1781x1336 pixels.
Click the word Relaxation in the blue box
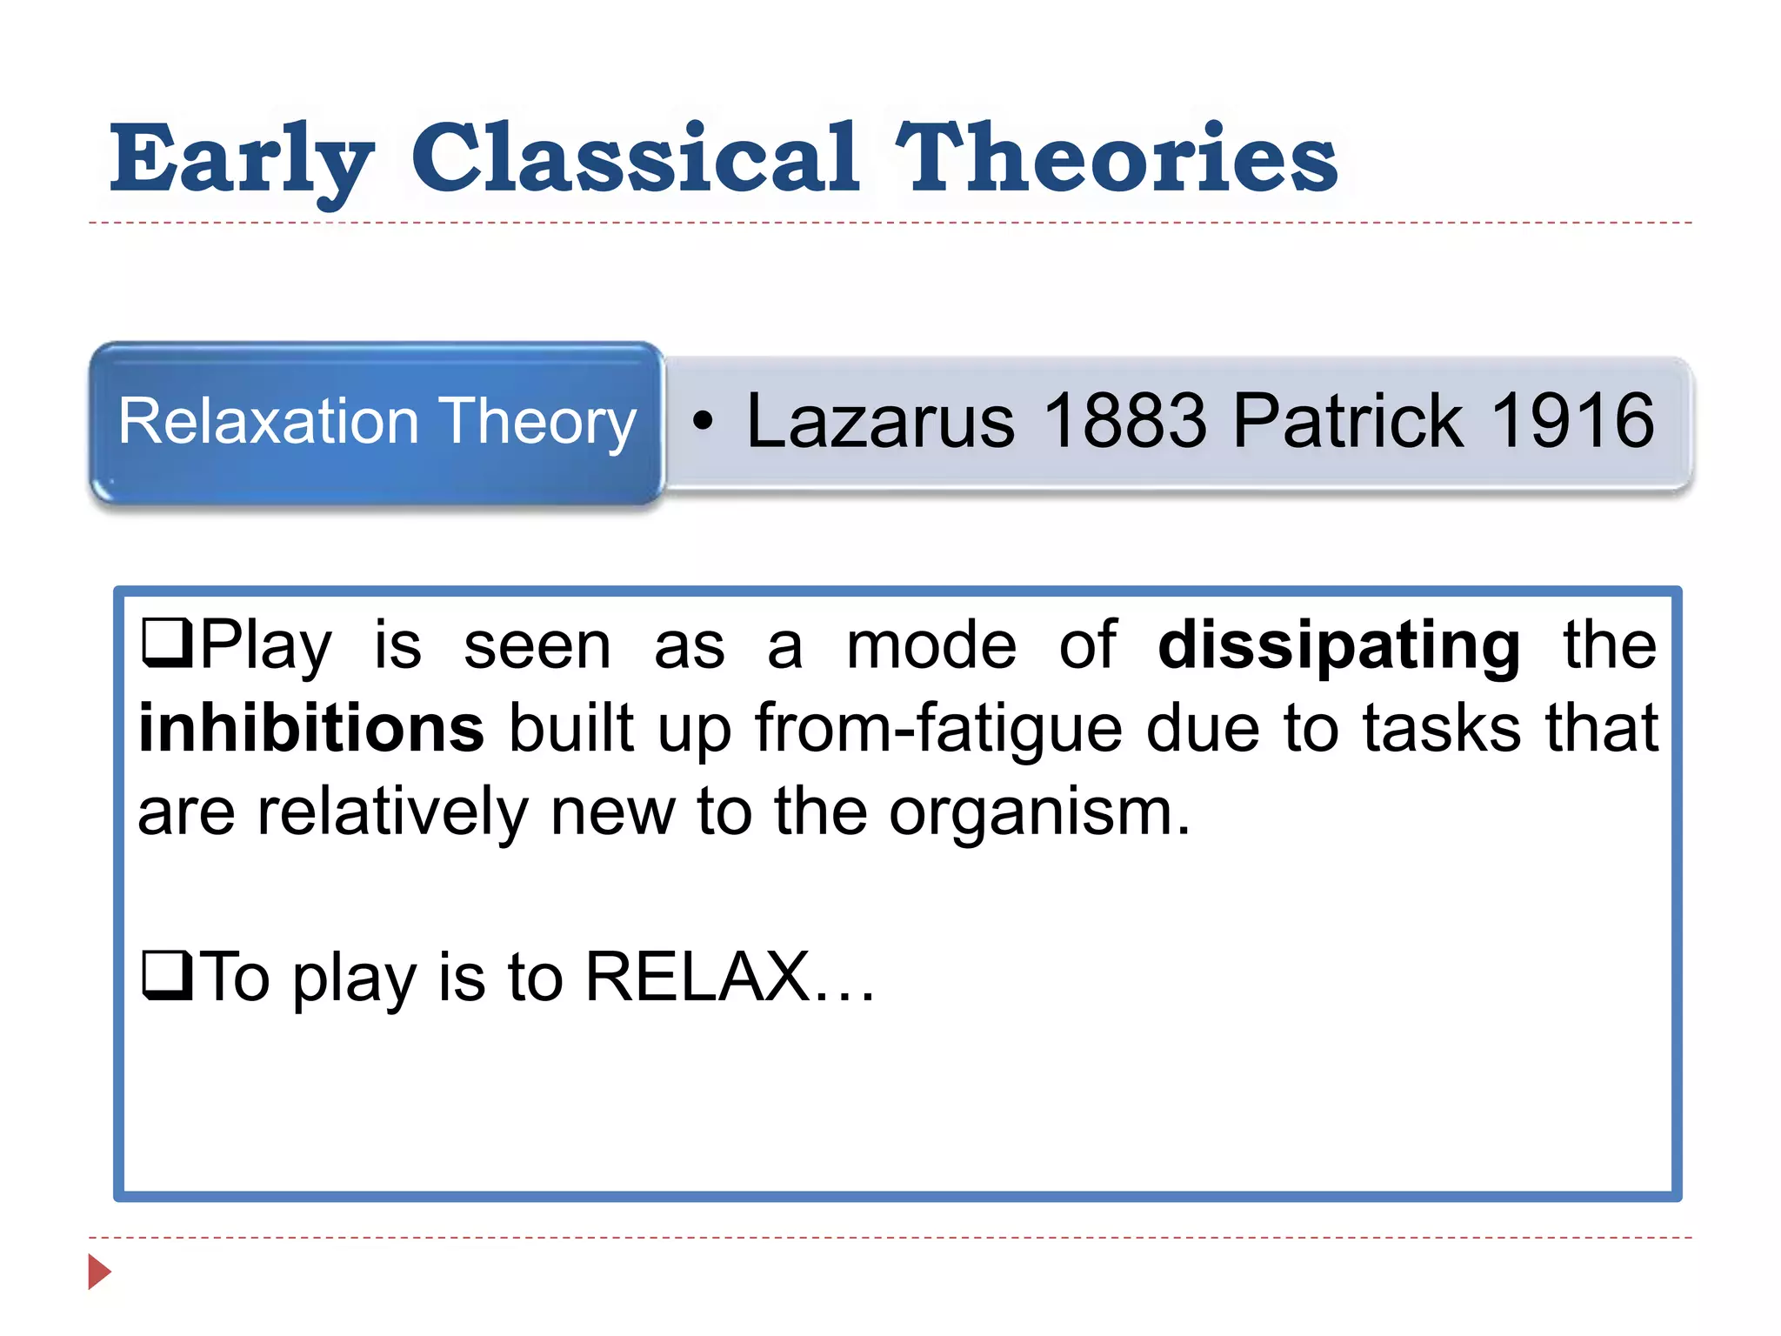pos(269,421)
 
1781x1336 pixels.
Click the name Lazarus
pos(880,421)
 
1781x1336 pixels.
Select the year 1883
pos(1125,421)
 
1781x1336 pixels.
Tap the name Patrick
pos(1347,421)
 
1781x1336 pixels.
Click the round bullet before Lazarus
pos(703,423)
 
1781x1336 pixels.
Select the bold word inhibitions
pos(311,728)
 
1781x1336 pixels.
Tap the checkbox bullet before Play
pos(166,643)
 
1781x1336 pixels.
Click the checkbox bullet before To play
pos(166,976)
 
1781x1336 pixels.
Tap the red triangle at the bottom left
pos(99,1272)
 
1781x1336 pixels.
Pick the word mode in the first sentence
pos(931,646)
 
